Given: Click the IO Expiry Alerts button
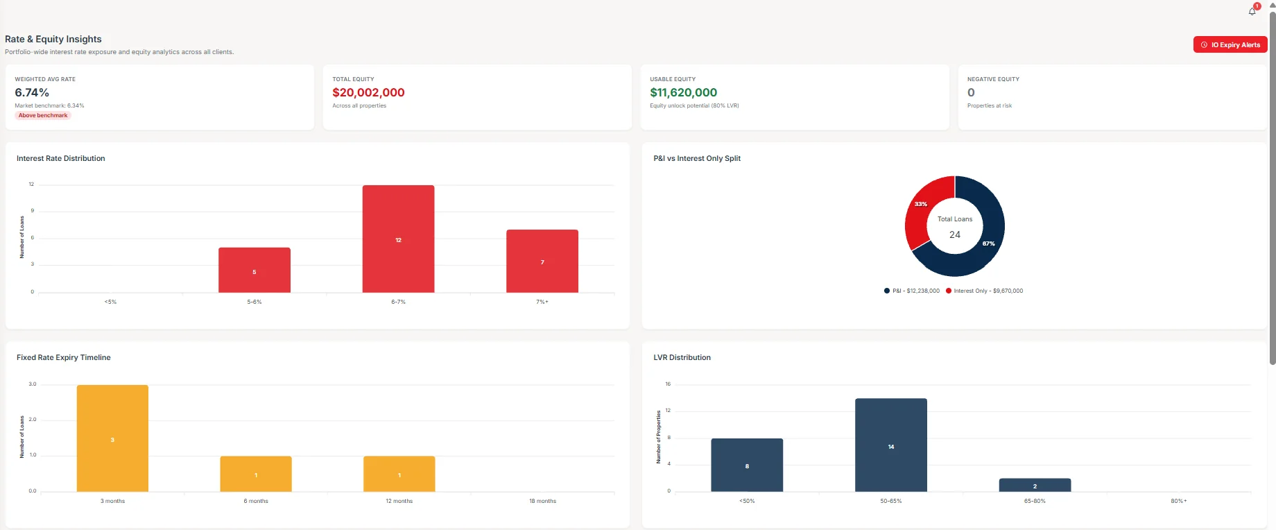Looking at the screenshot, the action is point(1230,44).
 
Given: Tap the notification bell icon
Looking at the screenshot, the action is point(1252,11).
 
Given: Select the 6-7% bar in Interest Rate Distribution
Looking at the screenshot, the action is point(398,239).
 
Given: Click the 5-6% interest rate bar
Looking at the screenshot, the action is point(255,270).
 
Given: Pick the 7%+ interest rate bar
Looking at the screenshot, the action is point(542,261).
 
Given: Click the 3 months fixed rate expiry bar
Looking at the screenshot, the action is point(112,438).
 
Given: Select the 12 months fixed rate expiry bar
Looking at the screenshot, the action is point(399,474).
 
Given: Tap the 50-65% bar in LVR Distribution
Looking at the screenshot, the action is point(891,445).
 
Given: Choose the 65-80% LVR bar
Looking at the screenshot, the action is point(1035,485).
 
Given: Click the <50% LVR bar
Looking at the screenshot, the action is point(747,465).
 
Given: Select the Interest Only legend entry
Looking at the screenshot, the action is point(984,291).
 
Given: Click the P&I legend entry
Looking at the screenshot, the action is point(912,291).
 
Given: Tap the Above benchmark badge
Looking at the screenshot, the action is point(43,115).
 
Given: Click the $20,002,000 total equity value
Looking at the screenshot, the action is point(368,92).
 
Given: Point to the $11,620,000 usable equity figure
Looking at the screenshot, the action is point(684,92).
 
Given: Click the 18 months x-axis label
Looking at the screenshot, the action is point(542,501).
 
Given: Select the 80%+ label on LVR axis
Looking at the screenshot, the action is point(1179,501).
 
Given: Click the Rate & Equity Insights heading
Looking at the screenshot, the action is point(53,39).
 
